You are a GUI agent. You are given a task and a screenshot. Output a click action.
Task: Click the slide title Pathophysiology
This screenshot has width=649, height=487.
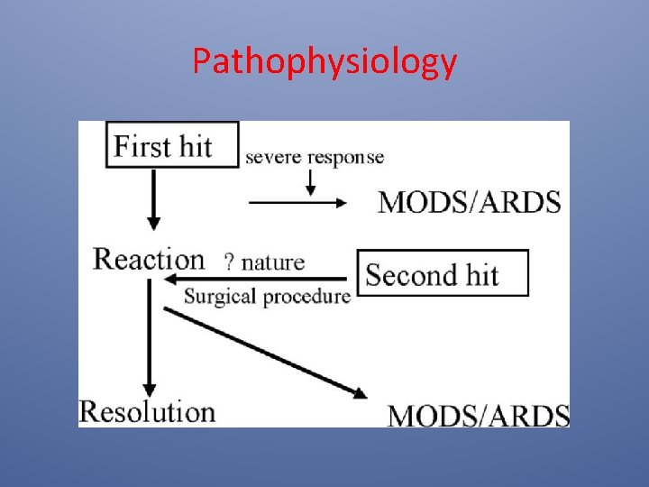click(324, 62)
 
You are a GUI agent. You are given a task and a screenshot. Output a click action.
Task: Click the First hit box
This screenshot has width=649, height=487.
click(172, 144)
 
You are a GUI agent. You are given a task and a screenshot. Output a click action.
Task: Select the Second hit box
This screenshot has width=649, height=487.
click(443, 273)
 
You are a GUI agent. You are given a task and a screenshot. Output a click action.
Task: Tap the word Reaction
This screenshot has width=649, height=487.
click(150, 259)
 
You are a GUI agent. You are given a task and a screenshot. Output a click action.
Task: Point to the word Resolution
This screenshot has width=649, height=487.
click(148, 411)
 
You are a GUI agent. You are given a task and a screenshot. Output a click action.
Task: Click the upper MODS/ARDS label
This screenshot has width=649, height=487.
click(470, 201)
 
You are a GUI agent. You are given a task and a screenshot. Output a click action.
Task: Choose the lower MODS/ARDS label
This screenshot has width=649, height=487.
click(479, 416)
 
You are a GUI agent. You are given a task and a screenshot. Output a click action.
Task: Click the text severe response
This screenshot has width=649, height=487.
click(315, 157)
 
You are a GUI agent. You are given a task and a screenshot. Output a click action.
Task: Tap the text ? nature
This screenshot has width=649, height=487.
click(264, 262)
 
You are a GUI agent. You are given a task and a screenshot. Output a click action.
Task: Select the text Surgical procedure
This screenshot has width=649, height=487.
click(267, 296)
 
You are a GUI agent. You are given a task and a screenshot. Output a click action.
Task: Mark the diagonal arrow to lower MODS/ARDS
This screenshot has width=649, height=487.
click(266, 353)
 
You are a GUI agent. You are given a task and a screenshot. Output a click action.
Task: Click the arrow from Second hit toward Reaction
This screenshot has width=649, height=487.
click(261, 280)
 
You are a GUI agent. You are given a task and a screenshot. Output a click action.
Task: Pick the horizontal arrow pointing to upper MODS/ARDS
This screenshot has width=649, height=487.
click(297, 203)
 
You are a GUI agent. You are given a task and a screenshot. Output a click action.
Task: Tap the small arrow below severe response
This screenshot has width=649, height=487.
click(311, 183)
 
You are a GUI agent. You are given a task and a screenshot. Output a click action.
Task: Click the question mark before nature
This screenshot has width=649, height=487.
click(229, 262)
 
